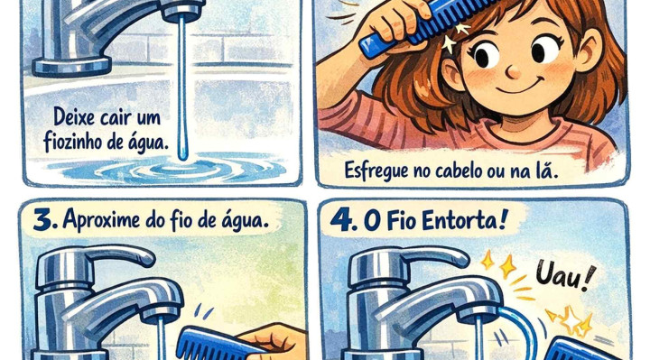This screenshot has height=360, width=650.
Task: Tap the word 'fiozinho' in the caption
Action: click(72, 142)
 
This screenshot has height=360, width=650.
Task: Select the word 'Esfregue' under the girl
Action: click(376, 170)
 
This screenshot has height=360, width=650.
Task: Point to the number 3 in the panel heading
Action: click(44, 220)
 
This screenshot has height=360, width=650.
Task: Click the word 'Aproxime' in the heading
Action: click(102, 220)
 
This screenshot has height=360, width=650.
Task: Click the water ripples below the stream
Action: click(174, 170)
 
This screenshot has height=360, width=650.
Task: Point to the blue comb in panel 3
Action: click(216, 345)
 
